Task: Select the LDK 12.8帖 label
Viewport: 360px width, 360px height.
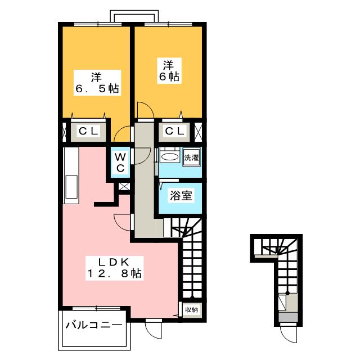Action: [114, 267]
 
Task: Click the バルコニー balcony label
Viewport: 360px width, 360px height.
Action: [93, 325]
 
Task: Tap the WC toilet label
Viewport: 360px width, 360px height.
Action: [120, 161]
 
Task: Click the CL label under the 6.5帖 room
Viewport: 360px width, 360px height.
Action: [88, 132]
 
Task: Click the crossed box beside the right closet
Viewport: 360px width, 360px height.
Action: [198, 132]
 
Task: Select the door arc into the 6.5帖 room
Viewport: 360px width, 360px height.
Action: [121, 135]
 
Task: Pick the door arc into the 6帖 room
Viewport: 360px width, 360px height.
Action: [142, 110]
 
